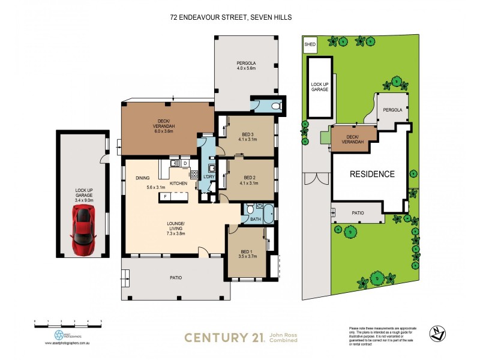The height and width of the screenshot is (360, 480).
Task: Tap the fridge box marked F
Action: point(165,196)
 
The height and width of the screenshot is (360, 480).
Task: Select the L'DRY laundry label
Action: point(209,177)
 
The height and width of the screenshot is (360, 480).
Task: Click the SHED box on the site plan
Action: point(310,44)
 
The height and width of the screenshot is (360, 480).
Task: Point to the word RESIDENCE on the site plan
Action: point(373,175)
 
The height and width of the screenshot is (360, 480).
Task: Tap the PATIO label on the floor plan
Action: point(175,277)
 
